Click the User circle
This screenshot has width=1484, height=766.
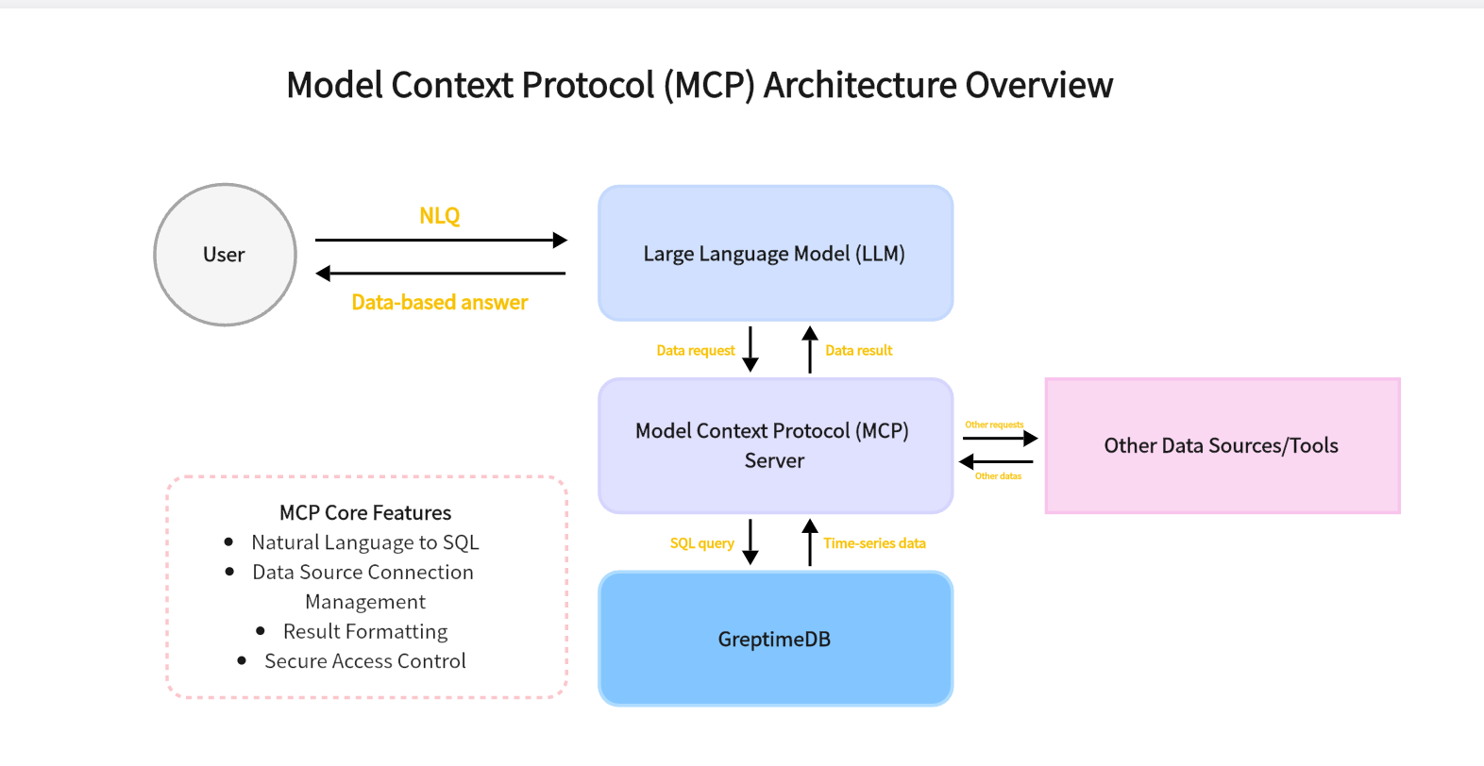pos(225,255)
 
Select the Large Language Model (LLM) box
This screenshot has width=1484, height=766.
pos(775,254)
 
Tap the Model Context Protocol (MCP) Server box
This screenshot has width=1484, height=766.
pos(775,446)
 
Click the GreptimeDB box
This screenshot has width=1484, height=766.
pos(775,639)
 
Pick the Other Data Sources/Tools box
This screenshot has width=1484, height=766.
pos(1222,446)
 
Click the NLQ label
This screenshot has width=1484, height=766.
pos(440,216)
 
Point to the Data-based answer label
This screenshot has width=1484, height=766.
pos(440,303)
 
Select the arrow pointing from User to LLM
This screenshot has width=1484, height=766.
pos(441,241)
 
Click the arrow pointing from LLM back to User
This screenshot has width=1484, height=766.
pos(441,274)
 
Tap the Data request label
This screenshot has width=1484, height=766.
pos(696,351)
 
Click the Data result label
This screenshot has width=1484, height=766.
pos(858,351)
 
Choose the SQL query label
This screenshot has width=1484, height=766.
pos(702,543)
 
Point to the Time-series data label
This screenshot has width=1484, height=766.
pos(874,543)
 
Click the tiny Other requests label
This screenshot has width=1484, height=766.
pos(994,425)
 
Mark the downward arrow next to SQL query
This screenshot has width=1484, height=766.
pos(750,541)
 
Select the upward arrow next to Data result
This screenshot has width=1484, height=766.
pos(810,349)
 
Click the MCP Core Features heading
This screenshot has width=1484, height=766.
pos(365,513)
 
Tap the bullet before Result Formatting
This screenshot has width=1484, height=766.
pos(261,631)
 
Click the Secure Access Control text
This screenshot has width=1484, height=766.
pos(365,661)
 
